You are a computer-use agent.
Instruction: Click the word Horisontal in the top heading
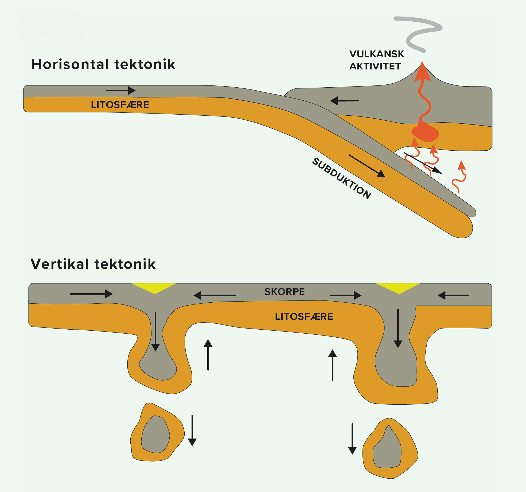tap(70, 64)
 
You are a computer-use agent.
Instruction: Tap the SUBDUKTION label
tap(342, 178)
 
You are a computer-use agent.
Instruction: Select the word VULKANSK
tap(377, 54)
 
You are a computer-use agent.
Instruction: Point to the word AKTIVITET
tap(375, 66)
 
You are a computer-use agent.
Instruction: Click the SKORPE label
tap(285, 292)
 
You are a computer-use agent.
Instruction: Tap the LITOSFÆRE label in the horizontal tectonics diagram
tap(120, 105)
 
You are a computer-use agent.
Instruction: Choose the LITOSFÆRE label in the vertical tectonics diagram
tap(304, 317)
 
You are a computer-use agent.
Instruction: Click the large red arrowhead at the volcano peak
tap(422, 72)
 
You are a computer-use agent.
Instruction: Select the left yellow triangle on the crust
tap(154, 288)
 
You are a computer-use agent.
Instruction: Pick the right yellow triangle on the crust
tap(398, 288)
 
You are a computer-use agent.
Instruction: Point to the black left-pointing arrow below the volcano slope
tap(345, 101)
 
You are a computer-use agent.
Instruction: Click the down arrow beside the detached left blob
tap(192, 430)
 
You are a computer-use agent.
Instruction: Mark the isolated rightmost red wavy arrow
tap(459, 176)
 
